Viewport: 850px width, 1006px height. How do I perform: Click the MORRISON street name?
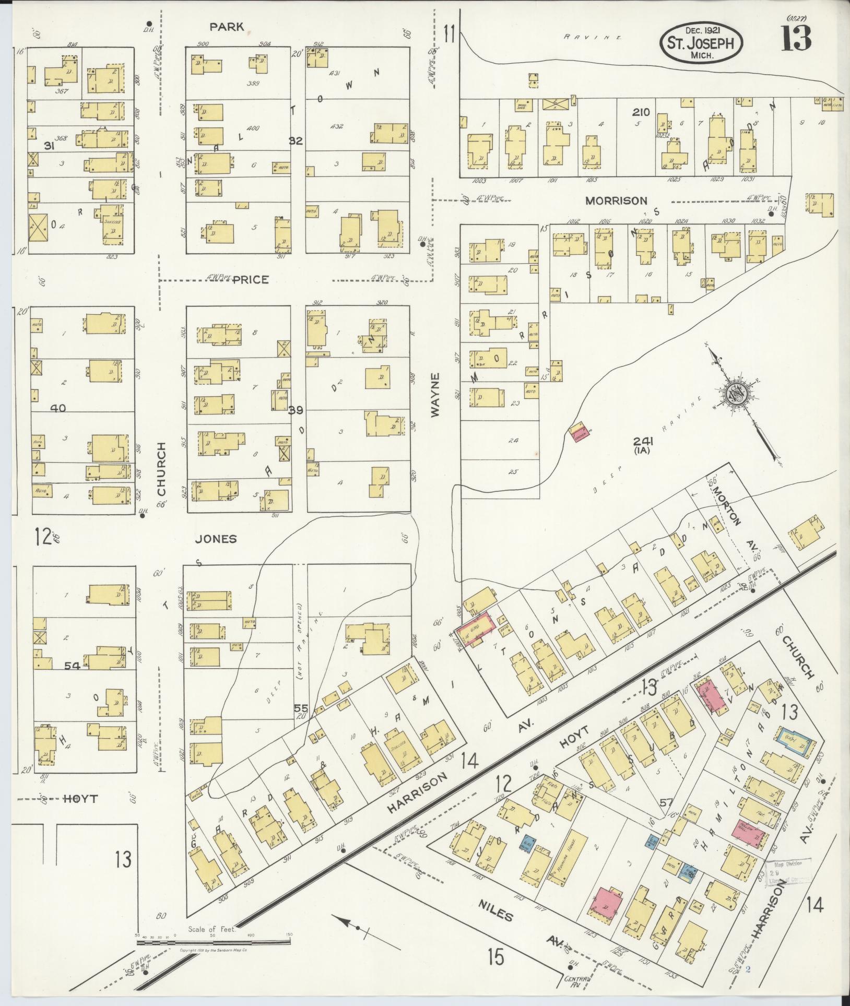click(x=616, y=200)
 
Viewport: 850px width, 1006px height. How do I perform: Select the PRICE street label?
click(x=251, y=280)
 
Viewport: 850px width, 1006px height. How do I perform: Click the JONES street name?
click(x=216, y=539)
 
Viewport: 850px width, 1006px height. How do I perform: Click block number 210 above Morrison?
click(x=641, y=112)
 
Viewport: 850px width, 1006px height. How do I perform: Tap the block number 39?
click(x=296, y=410)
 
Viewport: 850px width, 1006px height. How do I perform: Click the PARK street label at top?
click(x=227, y=27)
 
